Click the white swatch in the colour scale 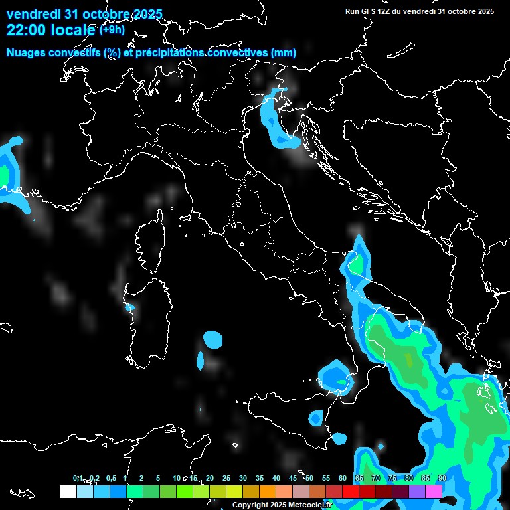pos(68,491)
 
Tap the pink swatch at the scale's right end pos(434,491)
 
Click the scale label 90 pos(442,478)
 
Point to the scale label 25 pos(226,478)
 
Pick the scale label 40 pos(276,478)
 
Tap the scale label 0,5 pos(110,478)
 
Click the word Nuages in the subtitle pos(25,52)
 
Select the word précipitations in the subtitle pos(169,52)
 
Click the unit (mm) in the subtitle pos(284,52)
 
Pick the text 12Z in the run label pos(385,11)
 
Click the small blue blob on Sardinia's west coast pos(130,307)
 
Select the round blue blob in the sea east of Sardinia pos(212,339)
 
